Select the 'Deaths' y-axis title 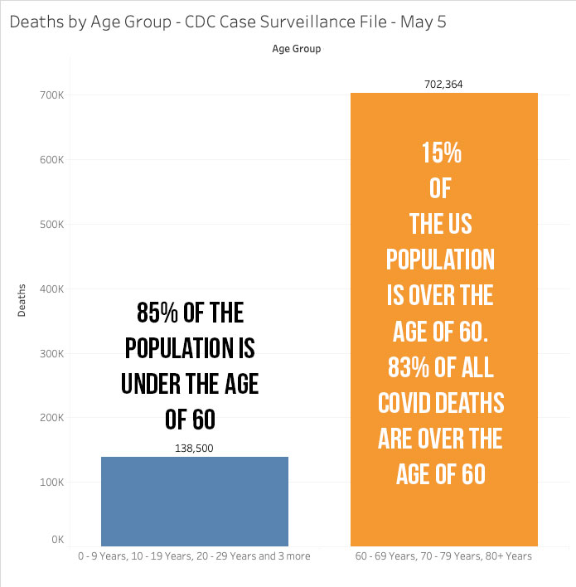(x=23, y=300)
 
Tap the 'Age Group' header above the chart (x=296, y=49)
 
